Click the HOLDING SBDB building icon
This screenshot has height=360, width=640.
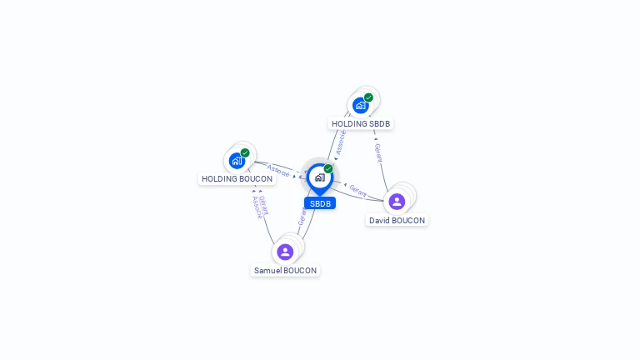pyautogui.click(x=360, y=105)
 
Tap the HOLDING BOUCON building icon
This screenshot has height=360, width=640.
pyautogui.click(x=237, y=161)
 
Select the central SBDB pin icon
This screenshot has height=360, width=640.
pyautogui.click(x=319, y=177)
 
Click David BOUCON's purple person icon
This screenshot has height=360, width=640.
pyautogui.click(x=397, y=201)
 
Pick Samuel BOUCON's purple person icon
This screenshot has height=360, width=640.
pyautogui.click(x=285, y=252)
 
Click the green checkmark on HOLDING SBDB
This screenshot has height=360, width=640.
pyautogui.click(x=368, y=97)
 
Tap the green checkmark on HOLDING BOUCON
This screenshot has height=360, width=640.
pyautogui.click(x=245, y=153)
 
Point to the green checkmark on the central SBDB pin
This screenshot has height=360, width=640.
pyautogui.click(x=328, y=169)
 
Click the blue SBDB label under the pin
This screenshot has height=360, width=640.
pyautogui.click(x=320, y=203)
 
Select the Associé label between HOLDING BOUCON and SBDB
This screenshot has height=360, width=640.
pyautogui.click(x=279, y=171)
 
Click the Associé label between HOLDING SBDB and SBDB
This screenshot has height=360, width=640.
pyautogui.click(x=340, y=142)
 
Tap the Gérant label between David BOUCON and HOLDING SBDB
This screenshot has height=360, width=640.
pyautogui.click(x=378, y=152)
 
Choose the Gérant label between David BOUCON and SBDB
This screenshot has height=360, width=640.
pyautogui.click(x=357, y=191)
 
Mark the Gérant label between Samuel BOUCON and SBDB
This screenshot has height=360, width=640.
pyautogui.click(x=302, y=216)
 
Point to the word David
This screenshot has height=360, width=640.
pyautogui.click(x=382, y=221)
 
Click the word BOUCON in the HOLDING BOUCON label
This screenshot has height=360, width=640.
pyautogui.click(x=256, y=179)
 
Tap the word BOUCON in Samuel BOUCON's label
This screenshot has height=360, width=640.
pyautogui.click(x=301, y=271)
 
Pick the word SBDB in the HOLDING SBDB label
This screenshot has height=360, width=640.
pyautogui.click(x=380, y=124)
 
